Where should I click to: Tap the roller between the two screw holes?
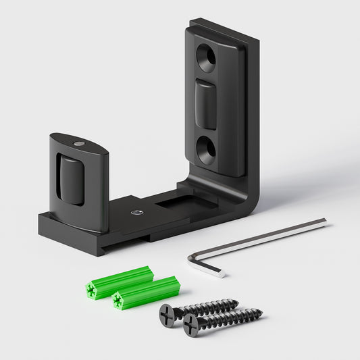tap(206, 103)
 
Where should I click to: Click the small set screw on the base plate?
tap(137, 211)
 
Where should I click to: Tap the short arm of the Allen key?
tap(205, 267)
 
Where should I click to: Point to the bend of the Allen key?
tap(192, 256)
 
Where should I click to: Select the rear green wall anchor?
tap(119, 282)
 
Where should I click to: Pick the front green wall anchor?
tap(146, 292)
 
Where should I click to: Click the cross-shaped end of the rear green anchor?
tap(91, 290)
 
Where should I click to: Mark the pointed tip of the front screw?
tap(261, 312)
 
